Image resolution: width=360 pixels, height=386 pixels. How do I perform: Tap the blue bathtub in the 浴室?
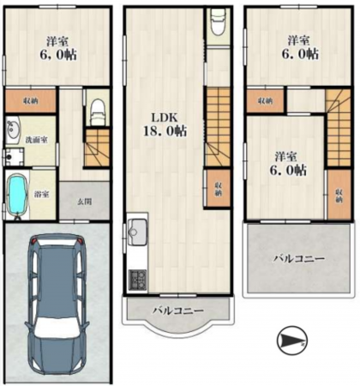(x=17, y=196)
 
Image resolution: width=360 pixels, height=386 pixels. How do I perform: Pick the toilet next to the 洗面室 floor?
(x=98, y=109)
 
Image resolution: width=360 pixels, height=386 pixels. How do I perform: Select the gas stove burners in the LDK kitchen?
(x=136, y=279)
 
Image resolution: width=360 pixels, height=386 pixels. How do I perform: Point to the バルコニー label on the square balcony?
(x=299, y=256)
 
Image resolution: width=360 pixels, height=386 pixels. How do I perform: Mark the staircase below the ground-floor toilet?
(x=99, y=148)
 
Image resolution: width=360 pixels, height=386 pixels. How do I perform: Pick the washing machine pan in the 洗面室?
(x=14, y=157)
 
